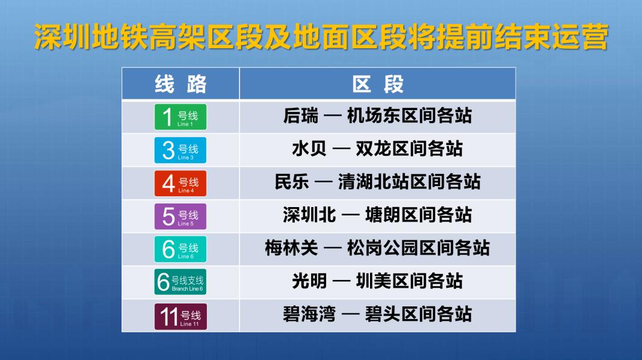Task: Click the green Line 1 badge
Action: point(181,117)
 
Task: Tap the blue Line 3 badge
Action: point(181,150)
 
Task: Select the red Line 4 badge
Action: point(181,183)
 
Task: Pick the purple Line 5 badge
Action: point(181,216)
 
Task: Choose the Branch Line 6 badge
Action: point(181,282)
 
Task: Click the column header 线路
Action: point(181,84)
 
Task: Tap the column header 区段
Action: point(378,84)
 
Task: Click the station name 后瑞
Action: point(300,116)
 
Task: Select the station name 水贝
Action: point(309,149)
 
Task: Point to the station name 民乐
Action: point(292,182)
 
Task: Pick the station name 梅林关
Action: point(291,248)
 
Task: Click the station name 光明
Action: point(309,281)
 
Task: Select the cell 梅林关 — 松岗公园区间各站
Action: point(377,248)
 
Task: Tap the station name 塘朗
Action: point(383,215)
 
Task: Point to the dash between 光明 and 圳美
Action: point(342,281)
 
